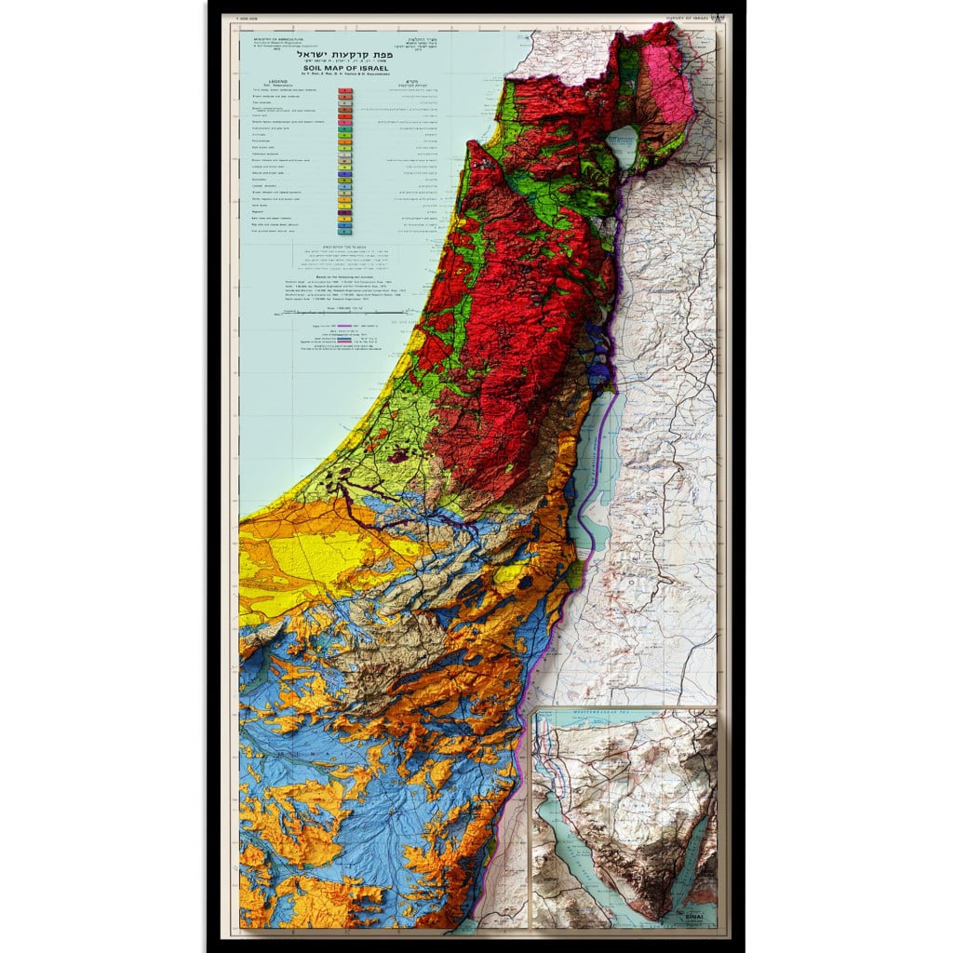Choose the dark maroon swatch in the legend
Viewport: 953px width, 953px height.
344,225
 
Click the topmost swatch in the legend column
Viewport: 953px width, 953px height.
344,91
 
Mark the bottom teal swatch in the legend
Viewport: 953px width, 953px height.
344,231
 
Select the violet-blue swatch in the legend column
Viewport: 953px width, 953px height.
344,173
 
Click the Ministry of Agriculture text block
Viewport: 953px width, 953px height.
271,45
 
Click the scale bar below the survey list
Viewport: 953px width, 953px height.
344,315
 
